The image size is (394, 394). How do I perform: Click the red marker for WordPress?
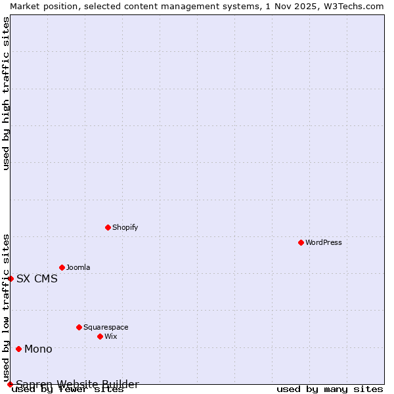(x=301, y=242)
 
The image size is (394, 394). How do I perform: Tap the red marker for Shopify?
(x=108, y=227)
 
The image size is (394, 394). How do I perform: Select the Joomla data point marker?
(x=62, y=267)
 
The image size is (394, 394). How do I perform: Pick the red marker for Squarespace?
(x=79, y=327)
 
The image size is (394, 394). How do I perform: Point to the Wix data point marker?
(x=100, y=336)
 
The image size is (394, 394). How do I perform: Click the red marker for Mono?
(x=18, y=349)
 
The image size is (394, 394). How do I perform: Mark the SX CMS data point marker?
(x=11, y=278)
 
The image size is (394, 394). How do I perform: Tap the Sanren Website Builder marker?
(x=10, y=384)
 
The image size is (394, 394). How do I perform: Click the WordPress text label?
(x=324, y=242)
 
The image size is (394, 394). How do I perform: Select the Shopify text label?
(x=125, y=227)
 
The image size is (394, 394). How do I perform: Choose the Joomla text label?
(x=78, y=267)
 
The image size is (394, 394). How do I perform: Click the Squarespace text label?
(x=106, y=327)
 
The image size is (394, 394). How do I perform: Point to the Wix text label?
(x=111, y=336)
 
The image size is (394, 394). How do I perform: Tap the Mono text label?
(x=38, y=349)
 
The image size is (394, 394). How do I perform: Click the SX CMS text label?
(x=37, y=278)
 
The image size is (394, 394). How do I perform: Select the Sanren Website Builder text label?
(x=77, y=384)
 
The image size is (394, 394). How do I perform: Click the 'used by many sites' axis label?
(x=330, y=389)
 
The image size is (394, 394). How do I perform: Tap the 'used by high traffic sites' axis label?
(x=6, y=93)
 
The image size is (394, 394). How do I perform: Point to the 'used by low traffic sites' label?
(x=6, y=307)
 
